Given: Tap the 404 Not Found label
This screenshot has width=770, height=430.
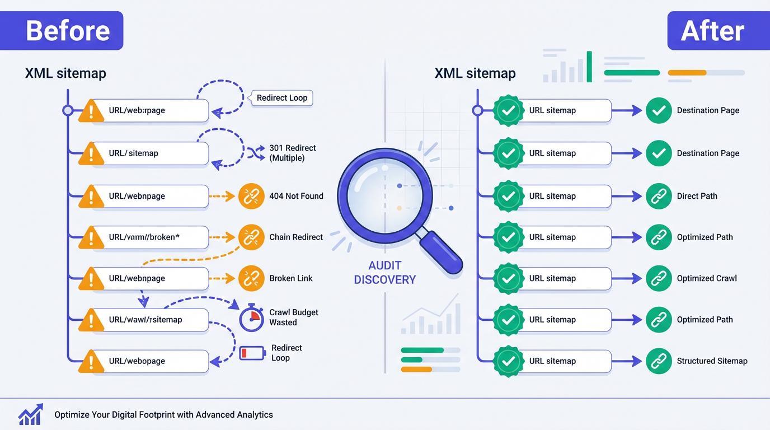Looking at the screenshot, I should pos(296,196).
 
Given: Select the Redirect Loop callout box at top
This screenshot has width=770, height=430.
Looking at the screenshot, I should pos(281,98).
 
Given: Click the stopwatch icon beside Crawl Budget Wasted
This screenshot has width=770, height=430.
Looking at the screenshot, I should pos(251,318).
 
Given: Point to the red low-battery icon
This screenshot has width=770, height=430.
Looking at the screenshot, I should pos(252,353).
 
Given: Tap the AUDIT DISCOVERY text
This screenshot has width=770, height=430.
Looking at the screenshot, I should pos(385,272).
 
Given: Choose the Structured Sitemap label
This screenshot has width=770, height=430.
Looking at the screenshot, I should pos(712,361).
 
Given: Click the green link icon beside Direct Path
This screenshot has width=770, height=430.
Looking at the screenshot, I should pos(659,196).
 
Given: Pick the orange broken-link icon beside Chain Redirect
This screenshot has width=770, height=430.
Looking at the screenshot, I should pos(251,237).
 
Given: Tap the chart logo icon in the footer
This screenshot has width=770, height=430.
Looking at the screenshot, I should pos(30,415).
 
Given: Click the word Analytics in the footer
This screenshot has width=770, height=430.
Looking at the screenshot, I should pos(254,415).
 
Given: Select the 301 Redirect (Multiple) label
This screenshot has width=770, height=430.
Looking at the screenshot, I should pos(292,153).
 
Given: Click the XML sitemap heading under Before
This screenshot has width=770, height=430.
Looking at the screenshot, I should pos(65,73).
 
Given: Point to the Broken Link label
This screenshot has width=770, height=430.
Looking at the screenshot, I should pos(290,278).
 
